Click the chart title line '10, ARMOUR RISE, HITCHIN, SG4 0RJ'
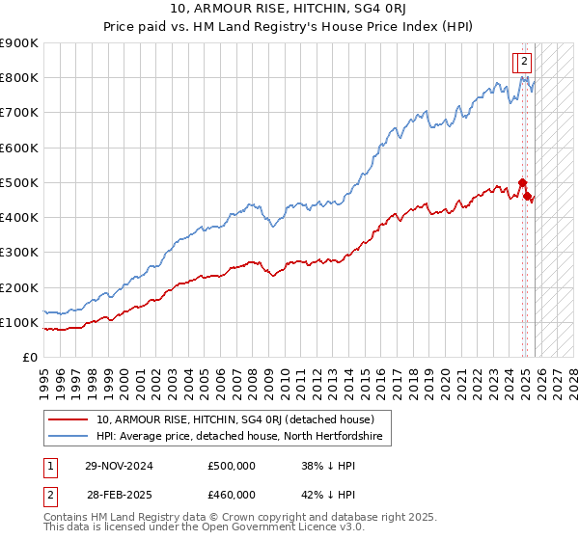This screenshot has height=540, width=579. (x=289, y=11)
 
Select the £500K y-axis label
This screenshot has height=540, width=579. (x=18, y=182)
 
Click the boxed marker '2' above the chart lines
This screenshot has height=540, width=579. (x=524, y=61)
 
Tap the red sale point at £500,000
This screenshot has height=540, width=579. (x=522, y=182)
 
